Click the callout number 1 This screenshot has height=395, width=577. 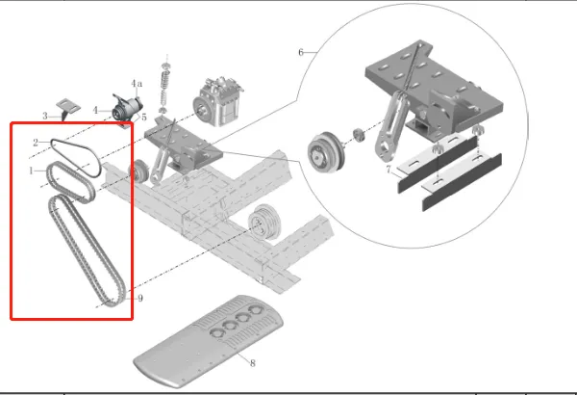point(32,171)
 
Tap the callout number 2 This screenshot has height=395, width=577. point(36,143)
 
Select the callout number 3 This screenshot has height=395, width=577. point(45,117)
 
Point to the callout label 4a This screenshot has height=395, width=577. point(137,84)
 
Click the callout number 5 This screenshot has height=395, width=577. point(144,118)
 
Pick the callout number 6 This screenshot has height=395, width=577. point(301,52)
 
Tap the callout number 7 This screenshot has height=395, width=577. point(389,170)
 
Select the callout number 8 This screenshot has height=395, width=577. point(252,363)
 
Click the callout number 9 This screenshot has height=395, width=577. point(140,298)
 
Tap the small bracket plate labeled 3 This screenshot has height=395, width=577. point(67,107)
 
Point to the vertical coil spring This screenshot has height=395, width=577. point(166,88)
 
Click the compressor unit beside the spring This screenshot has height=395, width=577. point(218,102)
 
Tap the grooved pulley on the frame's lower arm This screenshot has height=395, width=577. point(265,223)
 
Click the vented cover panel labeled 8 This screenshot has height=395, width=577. point(209,341)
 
